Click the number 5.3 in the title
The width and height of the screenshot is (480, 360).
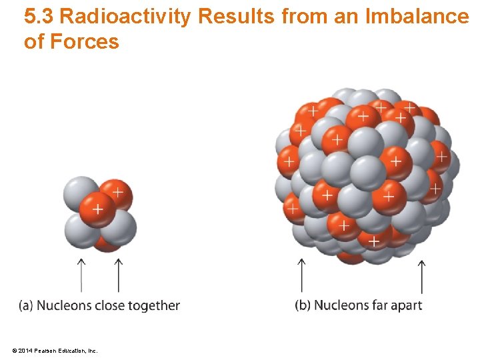click(x=39, y=16)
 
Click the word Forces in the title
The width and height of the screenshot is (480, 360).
click(x=84, y=41)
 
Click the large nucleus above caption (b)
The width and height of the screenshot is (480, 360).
click(x=367, y=175)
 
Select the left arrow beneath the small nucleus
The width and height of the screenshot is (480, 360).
click(x=81, y=275)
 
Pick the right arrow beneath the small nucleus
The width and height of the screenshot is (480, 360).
click(x=119, y=275)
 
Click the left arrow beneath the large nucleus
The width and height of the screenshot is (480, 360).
click(x=301, y=275)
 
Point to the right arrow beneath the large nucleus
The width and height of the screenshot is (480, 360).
click(x=421, y=275)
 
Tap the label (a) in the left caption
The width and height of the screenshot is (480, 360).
click(x=26, y=305)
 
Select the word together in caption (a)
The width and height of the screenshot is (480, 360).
click(x=155, y=305)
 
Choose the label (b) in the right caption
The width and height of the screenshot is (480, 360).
click(x=303, y=305)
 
